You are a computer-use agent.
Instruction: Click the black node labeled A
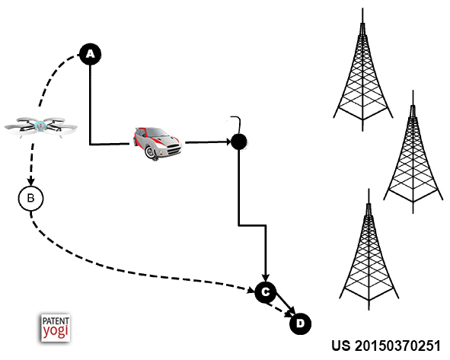click(x=90, y=54)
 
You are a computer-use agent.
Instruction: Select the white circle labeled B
click(x=30, y=198)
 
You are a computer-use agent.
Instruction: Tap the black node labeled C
click(x=266, y=292)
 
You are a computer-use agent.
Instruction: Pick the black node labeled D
click(x=300, y=324)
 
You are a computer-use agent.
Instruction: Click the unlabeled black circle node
click(x=239, y=142)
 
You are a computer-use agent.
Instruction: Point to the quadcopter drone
click(x=40, y=126)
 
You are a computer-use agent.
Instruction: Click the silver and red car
click(x=157, y=142)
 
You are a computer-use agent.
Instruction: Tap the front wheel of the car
click(x=151, y=152)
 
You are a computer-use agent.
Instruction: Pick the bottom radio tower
click(x=369, y=250)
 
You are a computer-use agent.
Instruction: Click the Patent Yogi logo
click(x=56, y=327)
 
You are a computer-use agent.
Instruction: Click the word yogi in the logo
click(x=56, y=331)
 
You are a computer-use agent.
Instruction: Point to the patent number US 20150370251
click(x=386, y=346)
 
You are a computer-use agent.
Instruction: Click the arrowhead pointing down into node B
click(x=30, y=182)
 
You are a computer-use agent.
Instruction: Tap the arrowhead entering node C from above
click(x=266, y=277)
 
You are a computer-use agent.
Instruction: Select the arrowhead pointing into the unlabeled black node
click(x=228, y=142)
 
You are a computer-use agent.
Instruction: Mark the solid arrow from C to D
click(x=285, y=305)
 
